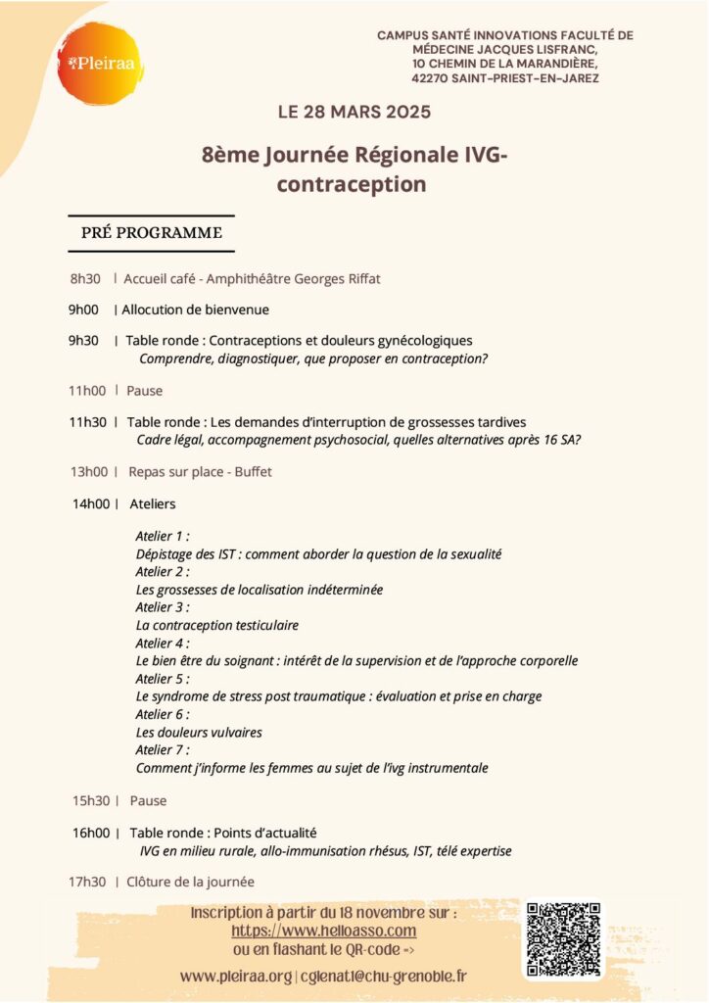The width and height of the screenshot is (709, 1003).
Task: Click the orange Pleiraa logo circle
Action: (x=101, y=64)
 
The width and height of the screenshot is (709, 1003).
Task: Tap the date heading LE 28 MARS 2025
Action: (x=354, y=112)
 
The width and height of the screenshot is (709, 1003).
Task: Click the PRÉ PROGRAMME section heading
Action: (x=151, y=232)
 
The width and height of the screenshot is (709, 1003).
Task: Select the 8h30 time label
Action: (x=85, y=279)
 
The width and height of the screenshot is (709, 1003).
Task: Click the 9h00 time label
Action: (x=83, y=310)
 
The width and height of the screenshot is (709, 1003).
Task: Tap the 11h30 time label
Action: (x=87, y=422)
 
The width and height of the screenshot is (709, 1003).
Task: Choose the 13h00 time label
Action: (x=88, y=471)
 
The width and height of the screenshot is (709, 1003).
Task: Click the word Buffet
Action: (x=253, y=471)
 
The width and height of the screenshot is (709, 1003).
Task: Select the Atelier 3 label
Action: (x=163, y=606)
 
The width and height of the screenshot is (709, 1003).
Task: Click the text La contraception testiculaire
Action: (x=217, y=625)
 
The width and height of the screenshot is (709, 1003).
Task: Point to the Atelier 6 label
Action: (x=163, y=714)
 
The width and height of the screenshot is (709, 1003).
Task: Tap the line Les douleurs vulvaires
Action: (x=199, y=732)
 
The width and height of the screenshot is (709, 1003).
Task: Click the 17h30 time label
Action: (x=87, y=882)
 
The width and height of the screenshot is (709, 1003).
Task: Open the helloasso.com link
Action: (x=324, y=931)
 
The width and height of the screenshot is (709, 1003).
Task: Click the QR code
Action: (x=563, y=939)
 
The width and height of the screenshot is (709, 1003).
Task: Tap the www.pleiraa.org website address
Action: (x=236, y=976)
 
